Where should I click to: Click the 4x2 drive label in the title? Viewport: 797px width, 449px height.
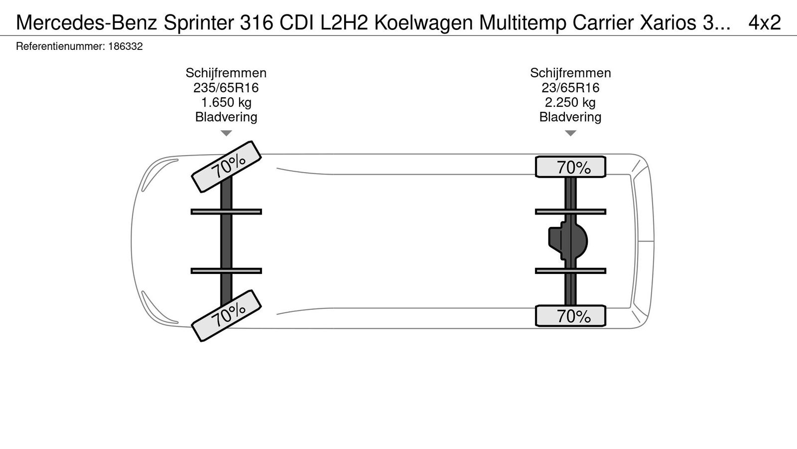(x=765, y=22)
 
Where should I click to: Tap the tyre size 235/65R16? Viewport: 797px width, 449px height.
(x=226, y=88)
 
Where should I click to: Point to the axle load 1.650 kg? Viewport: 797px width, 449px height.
(x=226, y=102)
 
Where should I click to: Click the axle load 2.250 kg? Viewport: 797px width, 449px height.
(x=570, y=102)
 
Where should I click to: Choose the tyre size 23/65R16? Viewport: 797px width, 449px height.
(x=570, y=88)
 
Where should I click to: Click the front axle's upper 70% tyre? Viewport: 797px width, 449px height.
(x=227, y=166)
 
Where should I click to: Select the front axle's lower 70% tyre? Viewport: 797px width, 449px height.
(x=227, y=316)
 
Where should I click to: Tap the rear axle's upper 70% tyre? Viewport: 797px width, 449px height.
(x=571, y=167)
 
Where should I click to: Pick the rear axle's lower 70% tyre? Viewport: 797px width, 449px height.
(x=571, y=316)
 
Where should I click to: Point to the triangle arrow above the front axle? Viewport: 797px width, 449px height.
(x=226, y=133)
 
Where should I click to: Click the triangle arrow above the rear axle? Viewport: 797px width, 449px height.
(x=570, y=133)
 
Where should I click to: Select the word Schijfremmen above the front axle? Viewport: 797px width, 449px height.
(x=226, y=73)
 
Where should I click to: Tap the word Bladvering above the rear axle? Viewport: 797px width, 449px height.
(x=570, y=117)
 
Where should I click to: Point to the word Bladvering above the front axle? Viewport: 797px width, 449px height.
(x=226, y=117)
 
